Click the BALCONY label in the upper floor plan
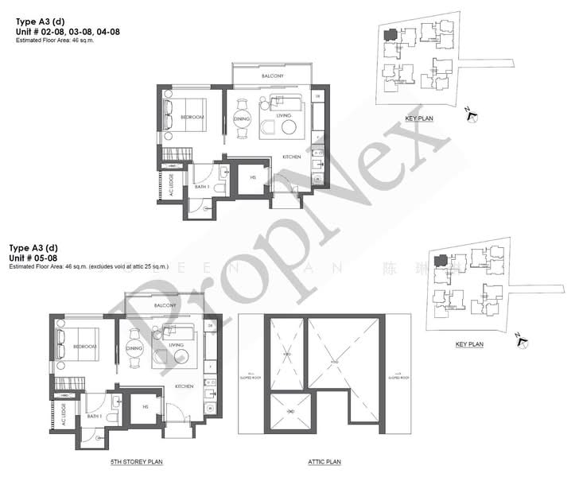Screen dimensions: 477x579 click(273, 76)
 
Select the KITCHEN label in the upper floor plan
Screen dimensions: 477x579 click(292, 157)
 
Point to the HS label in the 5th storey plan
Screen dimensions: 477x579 click(146, 407)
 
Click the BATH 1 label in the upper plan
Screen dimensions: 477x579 click(200, 187)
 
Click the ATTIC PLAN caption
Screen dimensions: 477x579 click(324, 461)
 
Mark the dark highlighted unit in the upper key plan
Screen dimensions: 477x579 click(391, 35)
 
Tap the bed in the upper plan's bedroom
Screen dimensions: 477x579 click(185, 117)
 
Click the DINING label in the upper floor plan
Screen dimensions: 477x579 click(242, 119)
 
